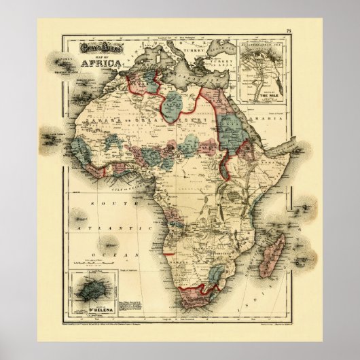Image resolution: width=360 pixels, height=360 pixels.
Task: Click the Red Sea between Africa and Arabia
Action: (x=249, y=122)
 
